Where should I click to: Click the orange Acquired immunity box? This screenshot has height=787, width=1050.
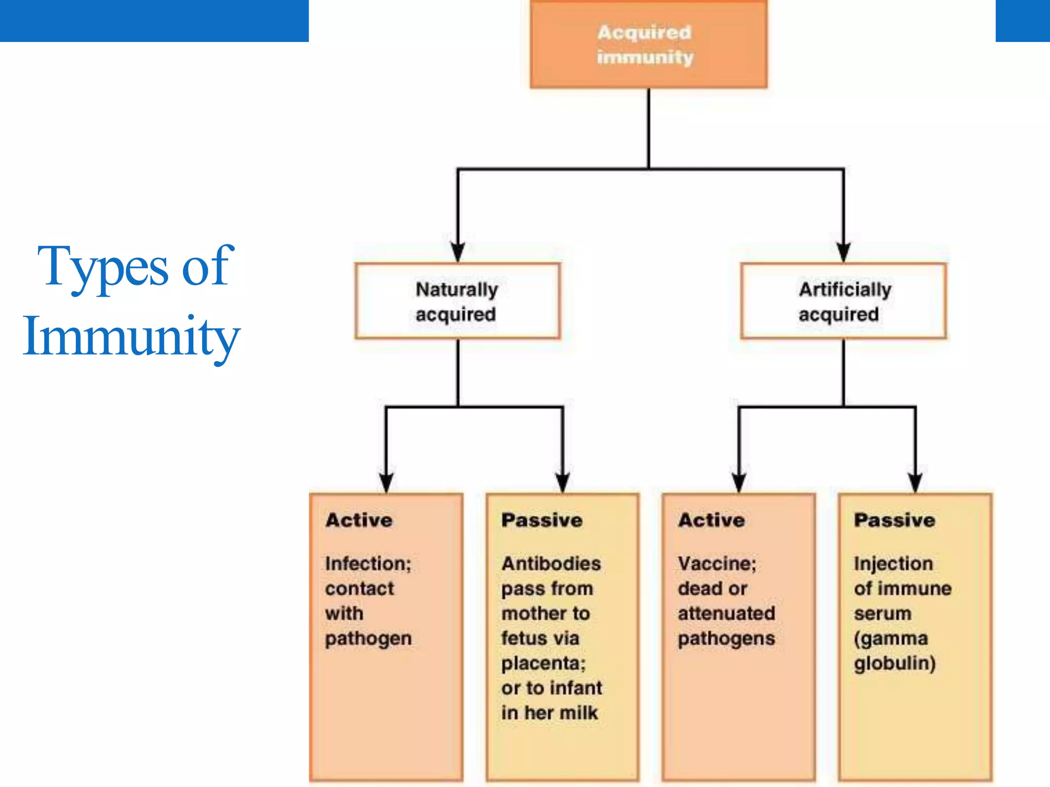click(649, 45)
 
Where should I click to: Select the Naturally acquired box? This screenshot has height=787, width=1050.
click(457, 301)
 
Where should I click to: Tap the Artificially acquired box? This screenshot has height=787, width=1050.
click(843, 301)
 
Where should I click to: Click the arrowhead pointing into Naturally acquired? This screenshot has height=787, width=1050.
click(458, 252)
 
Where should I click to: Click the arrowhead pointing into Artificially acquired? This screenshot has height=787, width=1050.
click(843, 252)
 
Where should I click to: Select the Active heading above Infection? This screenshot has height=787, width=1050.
click(359, 520)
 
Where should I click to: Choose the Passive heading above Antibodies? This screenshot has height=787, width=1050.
click(542, 520)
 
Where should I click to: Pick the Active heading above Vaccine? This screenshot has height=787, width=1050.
click(712, 520)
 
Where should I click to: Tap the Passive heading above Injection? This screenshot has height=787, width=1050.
click(895, 520)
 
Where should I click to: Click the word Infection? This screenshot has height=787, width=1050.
click(368, 564)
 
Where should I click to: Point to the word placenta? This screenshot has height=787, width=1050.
click(543, 664)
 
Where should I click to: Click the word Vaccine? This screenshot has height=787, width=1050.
click(717, 564)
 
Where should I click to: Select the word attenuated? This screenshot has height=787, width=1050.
click(726, 613)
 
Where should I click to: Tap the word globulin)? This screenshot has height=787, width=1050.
click(895, 664)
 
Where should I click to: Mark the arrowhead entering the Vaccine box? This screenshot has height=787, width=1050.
click(739, 482)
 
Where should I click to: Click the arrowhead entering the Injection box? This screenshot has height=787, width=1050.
click(916, 482)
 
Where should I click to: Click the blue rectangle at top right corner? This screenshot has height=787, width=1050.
click(1022, 20)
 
